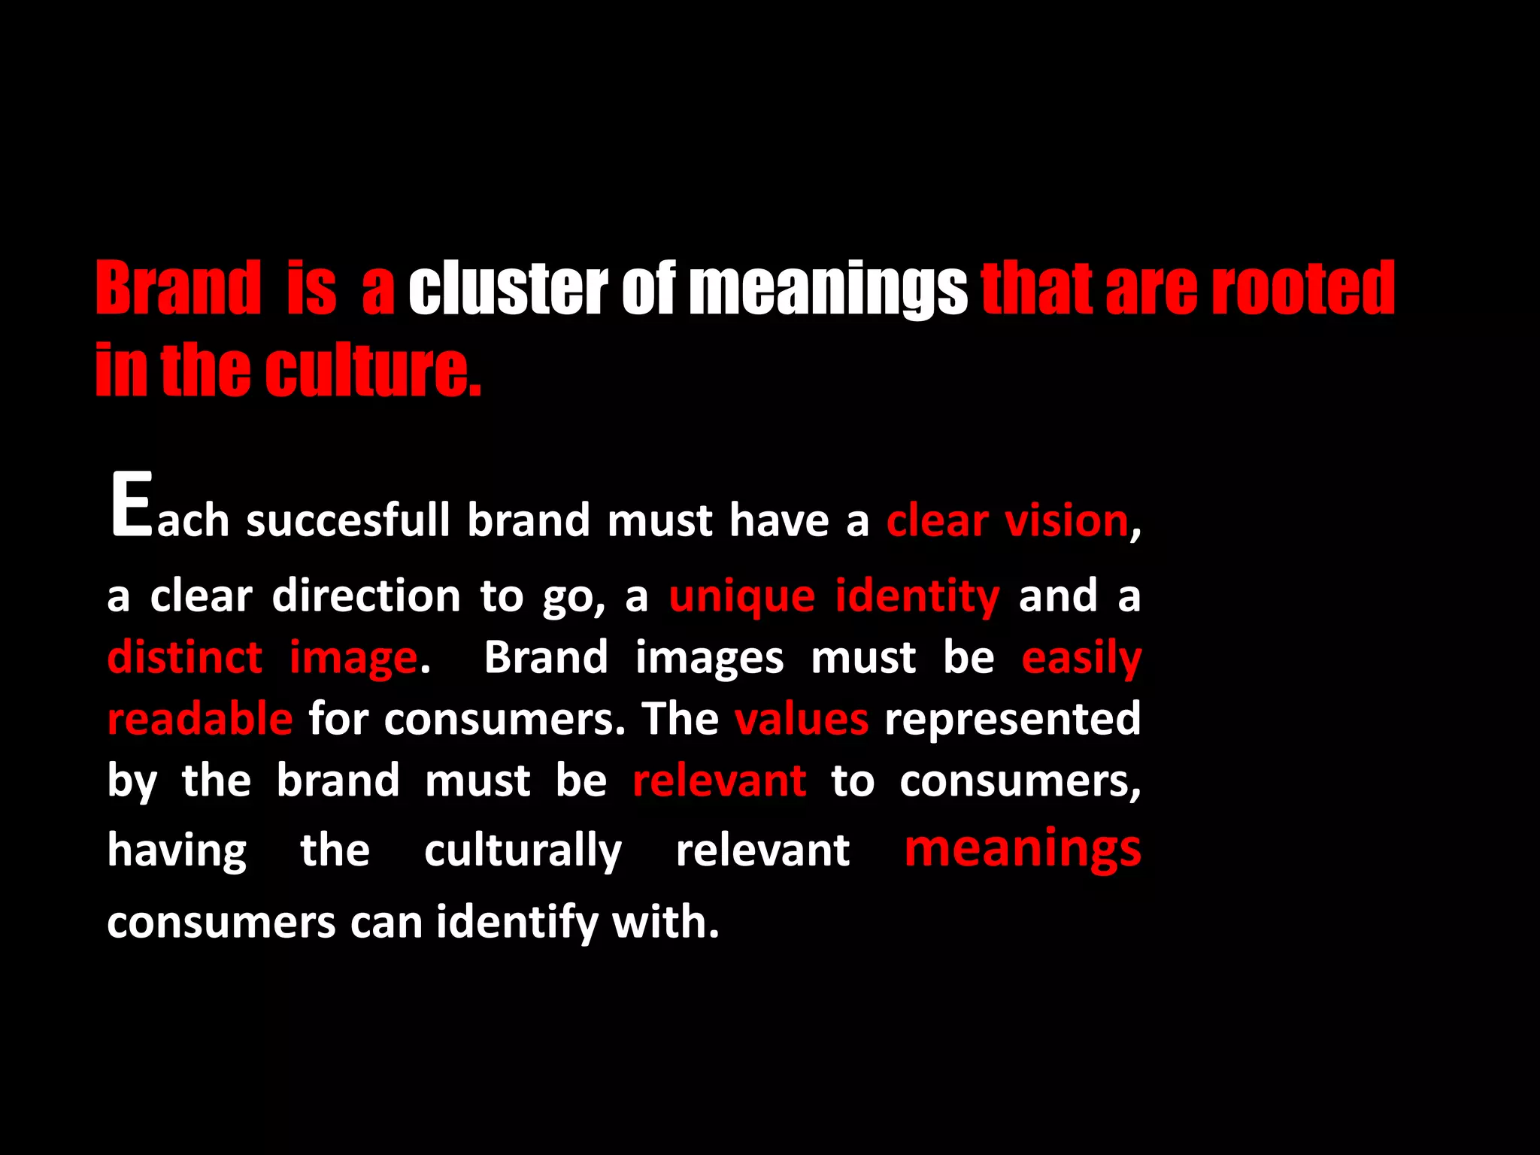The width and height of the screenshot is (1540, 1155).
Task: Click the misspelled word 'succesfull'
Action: tap(348, 520)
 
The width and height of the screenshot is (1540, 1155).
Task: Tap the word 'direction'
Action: tap(366, 596)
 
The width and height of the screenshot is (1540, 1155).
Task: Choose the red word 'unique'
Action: tap(742, 597)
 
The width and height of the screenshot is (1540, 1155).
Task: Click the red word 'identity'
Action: tap(917, 597)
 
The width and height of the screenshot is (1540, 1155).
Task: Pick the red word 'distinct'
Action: tap(185, 657)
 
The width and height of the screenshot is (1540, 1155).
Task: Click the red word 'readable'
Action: tap(200, 719)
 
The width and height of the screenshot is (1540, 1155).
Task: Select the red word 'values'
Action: tap(802, 719)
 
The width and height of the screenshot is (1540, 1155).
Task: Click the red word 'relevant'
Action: tap(720, 781)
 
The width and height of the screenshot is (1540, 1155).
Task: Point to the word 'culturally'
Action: tap(523, 851)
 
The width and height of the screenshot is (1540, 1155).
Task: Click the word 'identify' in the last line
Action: tap(517, 922)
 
